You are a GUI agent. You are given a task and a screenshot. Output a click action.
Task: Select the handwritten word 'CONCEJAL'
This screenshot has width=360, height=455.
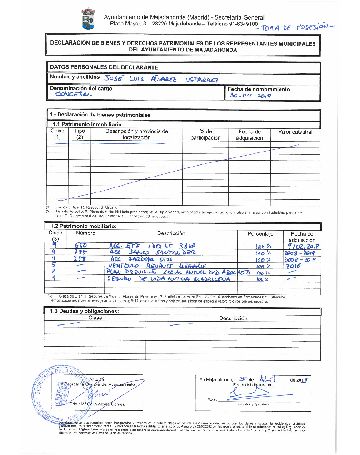pyautogui.click(x=73, y=95)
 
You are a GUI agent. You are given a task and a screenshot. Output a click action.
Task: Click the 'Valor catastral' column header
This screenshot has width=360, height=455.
pyautogui.click(x=295, y=132)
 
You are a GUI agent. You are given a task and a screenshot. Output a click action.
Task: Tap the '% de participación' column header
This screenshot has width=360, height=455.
pyautogui.click(x=205, y=135)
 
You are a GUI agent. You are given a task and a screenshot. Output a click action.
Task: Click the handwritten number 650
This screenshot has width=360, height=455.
pyautogui.click(x=86, y=246)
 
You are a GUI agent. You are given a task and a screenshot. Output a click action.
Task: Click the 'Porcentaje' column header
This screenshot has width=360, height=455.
pyautogui.click(x=260, y=234)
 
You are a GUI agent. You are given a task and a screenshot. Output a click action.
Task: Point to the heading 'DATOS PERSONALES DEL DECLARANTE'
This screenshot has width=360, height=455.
pyautogui.click(x=104, y=67)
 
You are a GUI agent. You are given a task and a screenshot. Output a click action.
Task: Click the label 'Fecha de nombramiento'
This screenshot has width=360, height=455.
pyautogui.click(x=259, y=89)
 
